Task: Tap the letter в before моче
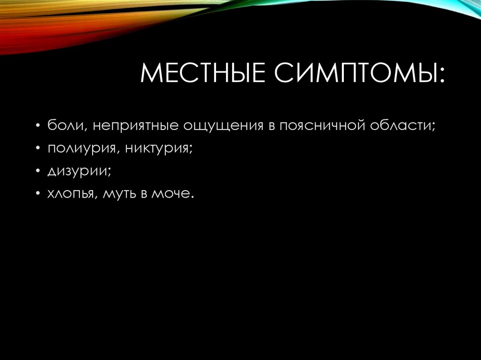[x=144, y=194]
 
